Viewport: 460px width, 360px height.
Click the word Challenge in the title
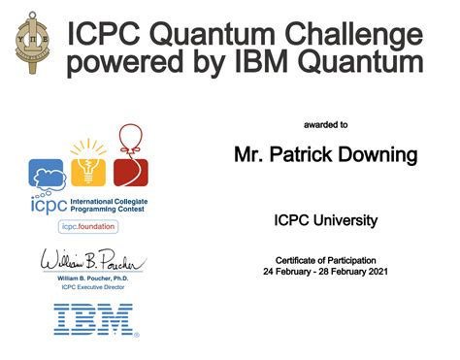350,35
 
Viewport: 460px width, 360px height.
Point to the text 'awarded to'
325,125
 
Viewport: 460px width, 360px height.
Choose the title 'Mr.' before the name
249,155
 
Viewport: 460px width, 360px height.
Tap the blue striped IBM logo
95,319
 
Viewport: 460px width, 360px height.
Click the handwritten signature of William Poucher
91,262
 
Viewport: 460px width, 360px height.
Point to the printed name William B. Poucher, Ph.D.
92,279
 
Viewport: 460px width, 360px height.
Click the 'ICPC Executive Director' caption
92,288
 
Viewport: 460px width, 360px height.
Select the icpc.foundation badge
89,226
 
